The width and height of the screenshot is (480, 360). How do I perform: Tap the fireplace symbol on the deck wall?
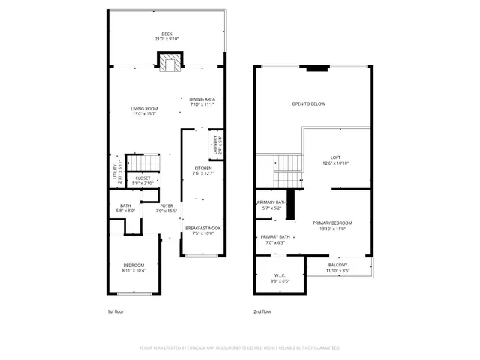click(169, 61)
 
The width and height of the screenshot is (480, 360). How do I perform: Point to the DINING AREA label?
click(202, 99)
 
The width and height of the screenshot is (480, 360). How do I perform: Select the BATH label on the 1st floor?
click(124, 206)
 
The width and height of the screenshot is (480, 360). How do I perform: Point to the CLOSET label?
click(142, 178)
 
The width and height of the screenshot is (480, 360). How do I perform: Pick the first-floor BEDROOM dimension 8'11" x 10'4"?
click(134, 270)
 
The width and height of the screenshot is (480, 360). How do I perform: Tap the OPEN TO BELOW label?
click(308, 103)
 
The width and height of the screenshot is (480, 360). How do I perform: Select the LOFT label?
click(336, 158)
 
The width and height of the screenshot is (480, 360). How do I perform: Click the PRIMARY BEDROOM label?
click(332, 223)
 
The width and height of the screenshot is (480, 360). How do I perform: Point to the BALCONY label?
click(337, 265)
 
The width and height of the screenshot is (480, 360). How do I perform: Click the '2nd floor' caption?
click(262, 310)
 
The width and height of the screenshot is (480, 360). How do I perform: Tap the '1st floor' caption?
click(115, 310)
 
